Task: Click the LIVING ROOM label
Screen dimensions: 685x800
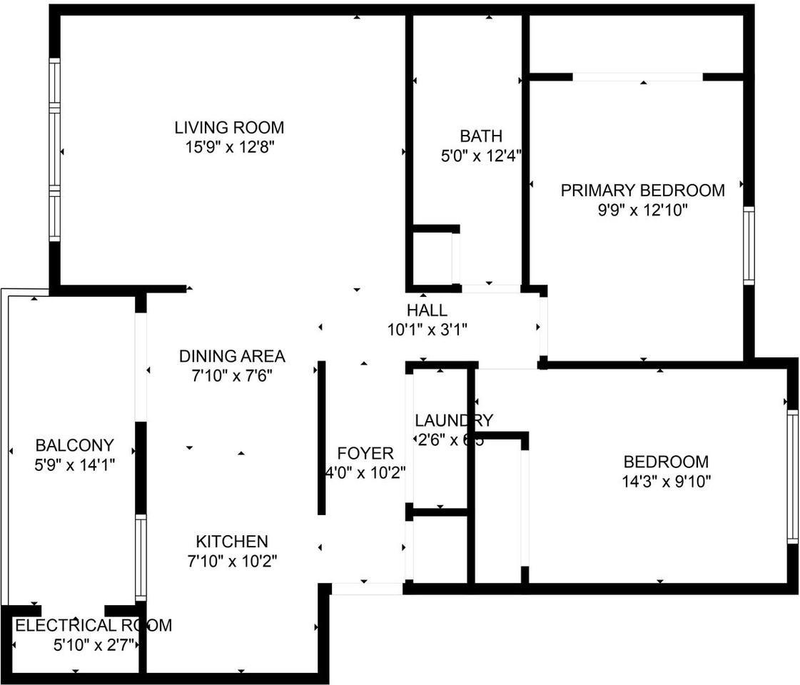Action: pos(229,128)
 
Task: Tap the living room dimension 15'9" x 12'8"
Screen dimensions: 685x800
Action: pos(229,148)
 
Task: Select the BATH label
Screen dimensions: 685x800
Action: pos(480,136)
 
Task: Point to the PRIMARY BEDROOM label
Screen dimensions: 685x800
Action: pos(642,191)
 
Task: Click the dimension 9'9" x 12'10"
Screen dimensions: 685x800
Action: pos(642,210)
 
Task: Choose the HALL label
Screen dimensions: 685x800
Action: pos(427,310)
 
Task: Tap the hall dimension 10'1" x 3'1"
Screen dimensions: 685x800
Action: pos(427,330)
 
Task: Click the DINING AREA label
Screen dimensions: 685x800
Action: pos(232,355)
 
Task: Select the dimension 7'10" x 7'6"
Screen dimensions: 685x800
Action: pos(232,375)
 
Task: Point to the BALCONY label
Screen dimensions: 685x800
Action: pos(74,446)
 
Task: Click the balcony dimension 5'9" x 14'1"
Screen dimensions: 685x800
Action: pos(74,465)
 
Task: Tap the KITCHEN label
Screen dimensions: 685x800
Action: pos(232,542)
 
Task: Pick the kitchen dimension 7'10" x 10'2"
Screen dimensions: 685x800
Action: pos(232,561)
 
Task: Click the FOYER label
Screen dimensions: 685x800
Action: pos(365,453)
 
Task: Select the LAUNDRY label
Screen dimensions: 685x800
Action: pos(453,420)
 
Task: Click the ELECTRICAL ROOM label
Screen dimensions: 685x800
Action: pos(93,626)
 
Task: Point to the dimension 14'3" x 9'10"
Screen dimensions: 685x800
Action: pos(666,482)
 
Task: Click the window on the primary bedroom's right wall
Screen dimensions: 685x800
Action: pos(748,245)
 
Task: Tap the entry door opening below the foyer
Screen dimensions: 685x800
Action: pos(367,589)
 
